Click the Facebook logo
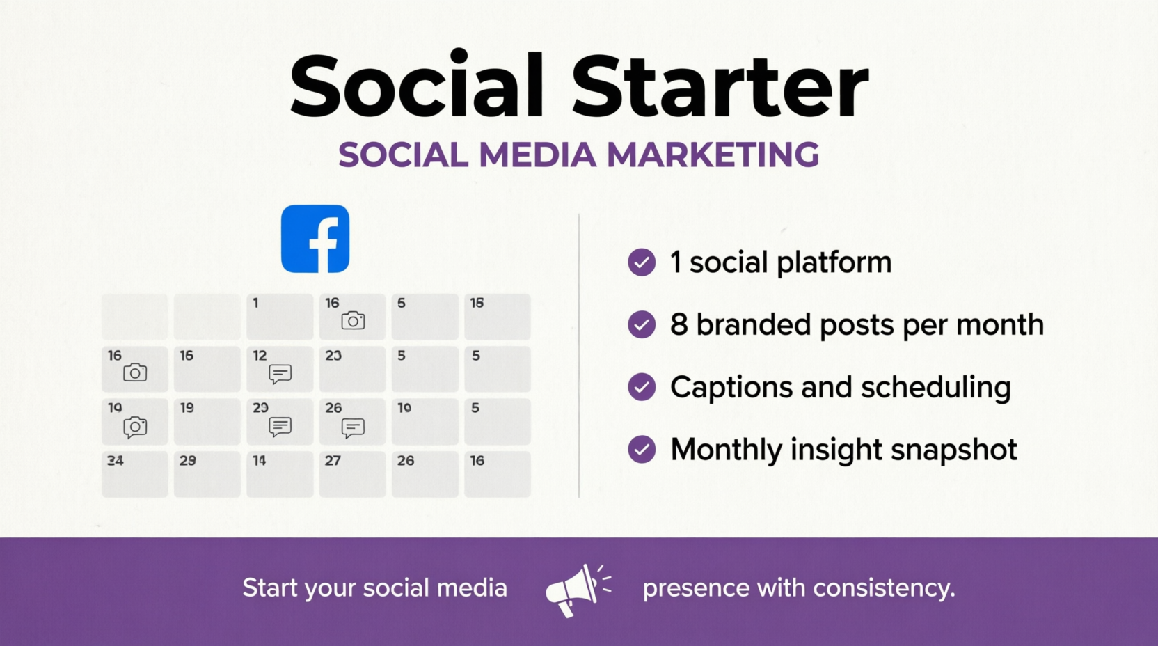coord(315,239)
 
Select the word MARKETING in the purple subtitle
coord(713,155)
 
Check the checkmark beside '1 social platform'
coord(642,262)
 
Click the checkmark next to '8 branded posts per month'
coord(642,324)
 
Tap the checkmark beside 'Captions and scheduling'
coord(642,387)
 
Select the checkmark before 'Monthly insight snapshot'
coord(642,449)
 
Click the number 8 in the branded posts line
coord(679,324)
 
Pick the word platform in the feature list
coord(834,263)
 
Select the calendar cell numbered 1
coord(280,316)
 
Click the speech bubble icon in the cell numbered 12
coord(280,374)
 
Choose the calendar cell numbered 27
coord(352,473)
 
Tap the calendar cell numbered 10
coord(425,421)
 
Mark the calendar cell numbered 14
coord(280,473)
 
